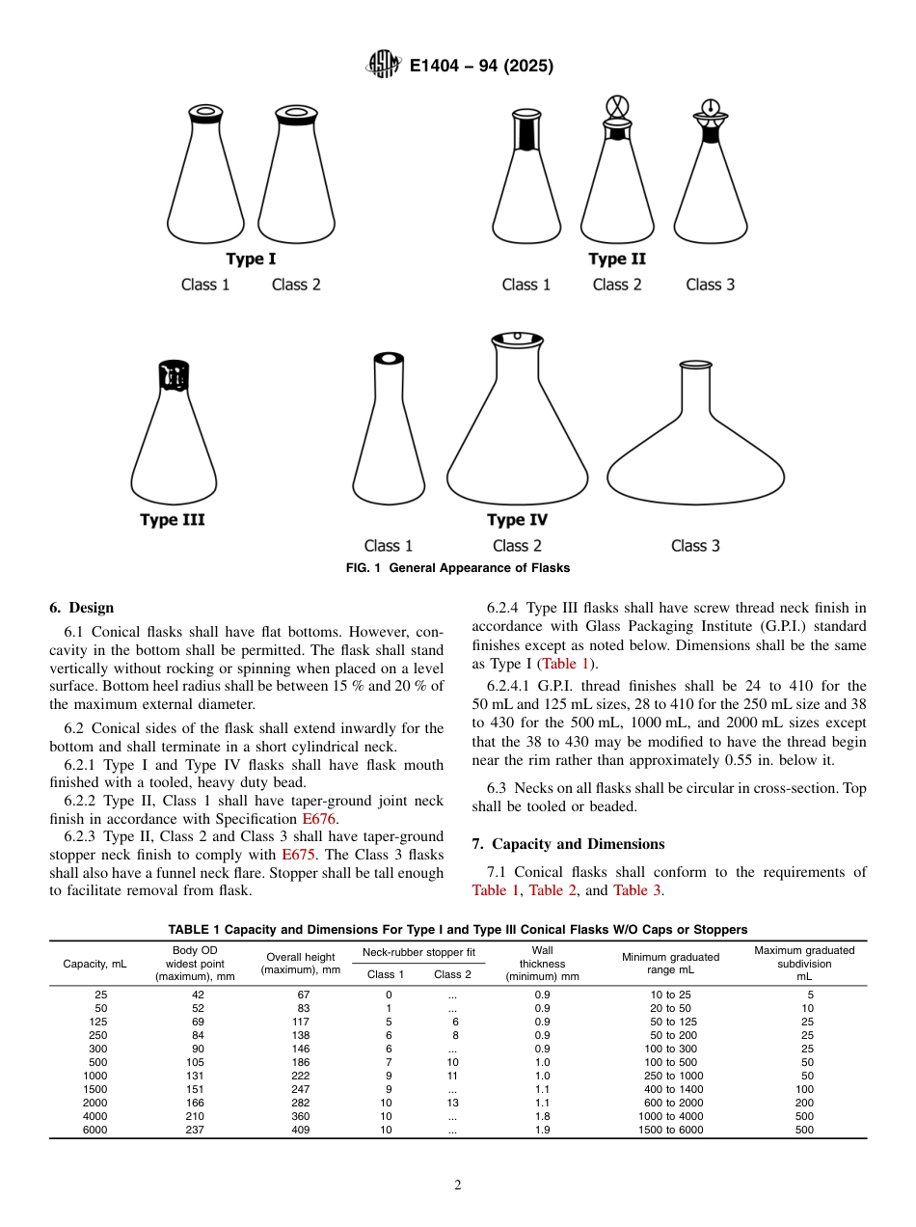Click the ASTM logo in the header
click(384, 66)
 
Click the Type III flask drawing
click(174, 434)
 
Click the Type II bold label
click(617, 259)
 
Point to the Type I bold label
click(251, 259)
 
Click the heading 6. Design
click(81, 608)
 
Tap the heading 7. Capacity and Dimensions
click(568, 844)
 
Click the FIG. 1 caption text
click(458, 568)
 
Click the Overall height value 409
click(300, 1130)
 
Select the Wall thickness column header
click(542, 963)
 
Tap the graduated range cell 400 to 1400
click(670, 1089)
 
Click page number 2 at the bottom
click(458, 1186)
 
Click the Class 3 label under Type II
click(710, 285)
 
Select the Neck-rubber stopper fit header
click(418, 952)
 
